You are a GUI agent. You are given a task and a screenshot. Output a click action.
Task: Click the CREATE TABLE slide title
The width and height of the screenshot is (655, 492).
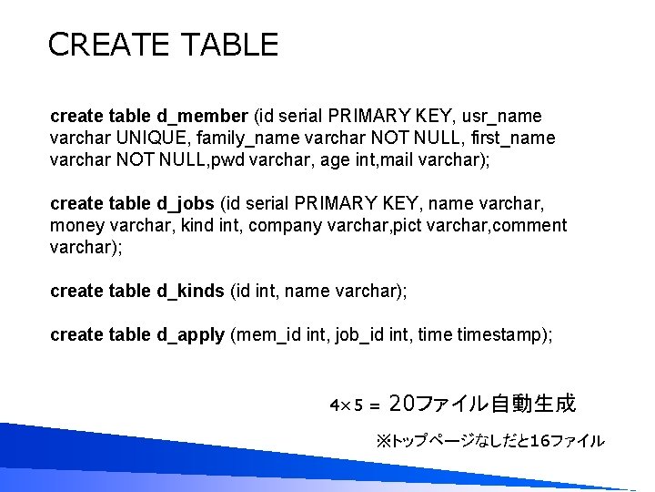(163, 44)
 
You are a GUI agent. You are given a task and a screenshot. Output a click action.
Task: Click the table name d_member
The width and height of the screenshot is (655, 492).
(202, 117)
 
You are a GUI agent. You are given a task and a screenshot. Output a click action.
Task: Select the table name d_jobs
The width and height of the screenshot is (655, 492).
(186, 203)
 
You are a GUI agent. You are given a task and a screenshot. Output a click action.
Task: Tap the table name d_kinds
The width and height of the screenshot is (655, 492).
(190, 291)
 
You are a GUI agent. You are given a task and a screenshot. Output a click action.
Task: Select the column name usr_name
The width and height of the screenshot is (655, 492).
(502, 117)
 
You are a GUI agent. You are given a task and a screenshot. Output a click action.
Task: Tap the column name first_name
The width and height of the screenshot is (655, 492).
(514, 138)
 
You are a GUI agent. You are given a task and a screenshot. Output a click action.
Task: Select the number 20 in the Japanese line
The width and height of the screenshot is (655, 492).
(402, 403)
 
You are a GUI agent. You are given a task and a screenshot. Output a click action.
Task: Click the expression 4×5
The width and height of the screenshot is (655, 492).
(347, 404)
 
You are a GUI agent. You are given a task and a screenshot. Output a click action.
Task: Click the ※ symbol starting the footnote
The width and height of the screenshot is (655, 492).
(383, 441)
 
